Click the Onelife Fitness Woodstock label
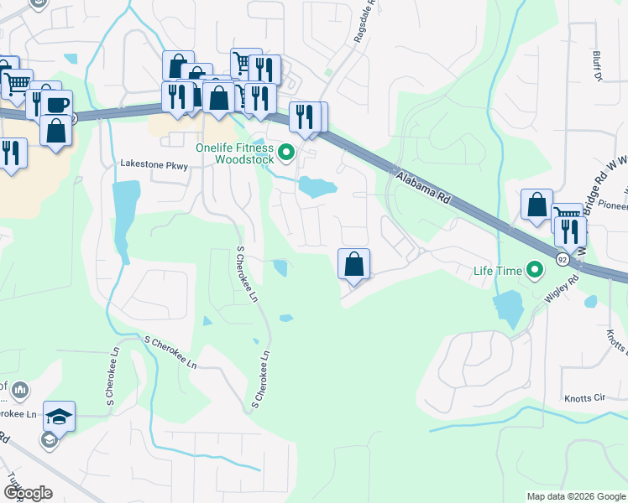(234, 153)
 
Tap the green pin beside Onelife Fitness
(286, 153)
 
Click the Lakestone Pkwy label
(154, 165)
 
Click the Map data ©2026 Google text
(575, 496)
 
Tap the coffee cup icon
(57, 105)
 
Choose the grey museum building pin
(20, 390)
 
